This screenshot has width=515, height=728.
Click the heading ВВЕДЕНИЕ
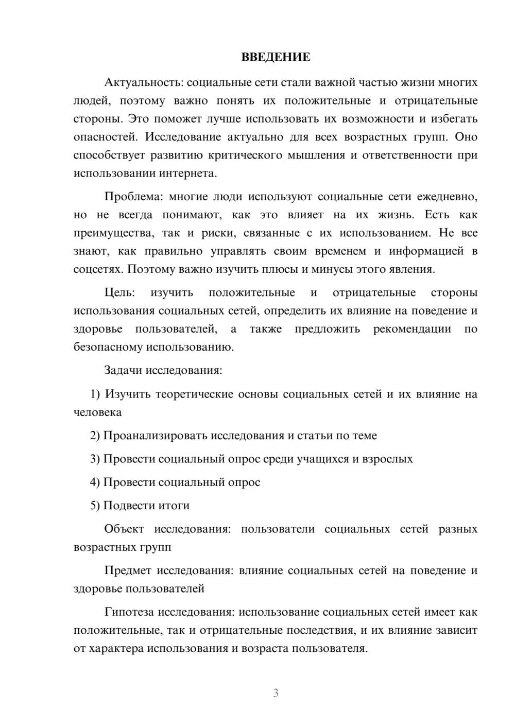tap(276, 57)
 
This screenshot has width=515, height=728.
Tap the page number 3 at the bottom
tap(276, 693)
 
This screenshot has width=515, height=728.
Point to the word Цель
tap(119, 293)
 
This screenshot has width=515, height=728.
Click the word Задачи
tap(124, 370)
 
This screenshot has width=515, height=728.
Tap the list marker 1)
tap(95, 394)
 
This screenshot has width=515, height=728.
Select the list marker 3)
tap(95, 459)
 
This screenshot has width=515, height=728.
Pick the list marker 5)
tap(95, 506)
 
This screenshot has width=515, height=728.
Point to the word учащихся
tap(323, 459)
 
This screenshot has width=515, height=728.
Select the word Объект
tap(124, 529)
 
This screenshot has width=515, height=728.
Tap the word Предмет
tap(128, 570)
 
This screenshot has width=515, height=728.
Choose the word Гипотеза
tap(129, 612)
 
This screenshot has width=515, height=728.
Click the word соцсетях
tap(98, 269)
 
